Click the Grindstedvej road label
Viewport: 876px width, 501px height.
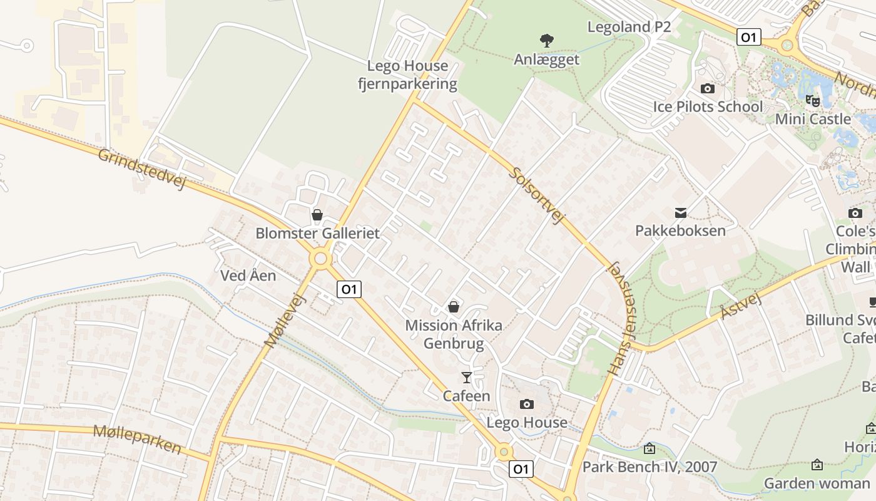click(x=142, y=168)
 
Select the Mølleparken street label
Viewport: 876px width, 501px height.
click(x=137, y=439)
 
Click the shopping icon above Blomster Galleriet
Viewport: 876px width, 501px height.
click(x=317, y=215)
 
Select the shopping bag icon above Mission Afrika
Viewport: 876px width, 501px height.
click(x=454, y=307)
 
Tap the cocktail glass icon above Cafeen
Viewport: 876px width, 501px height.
click(x=467, y=377)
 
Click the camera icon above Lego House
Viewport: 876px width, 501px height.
click(x=527, y=404)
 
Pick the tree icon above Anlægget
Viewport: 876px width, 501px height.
click(x=547, y=41)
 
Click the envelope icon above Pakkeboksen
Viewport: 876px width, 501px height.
click(x=680, y=213)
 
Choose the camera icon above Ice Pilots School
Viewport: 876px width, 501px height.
click(x=708, y=88)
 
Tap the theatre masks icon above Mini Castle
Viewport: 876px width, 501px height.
click(x=812, y=100)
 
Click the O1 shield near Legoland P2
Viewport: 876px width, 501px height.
click(x=748, y=38)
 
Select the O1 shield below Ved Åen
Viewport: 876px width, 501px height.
click(x=349, y=289)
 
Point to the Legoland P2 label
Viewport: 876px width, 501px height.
click(x=629, y=27)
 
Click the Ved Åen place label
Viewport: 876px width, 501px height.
click(x=248, y=276)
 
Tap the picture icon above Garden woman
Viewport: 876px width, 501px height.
click(x=817, y=465)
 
